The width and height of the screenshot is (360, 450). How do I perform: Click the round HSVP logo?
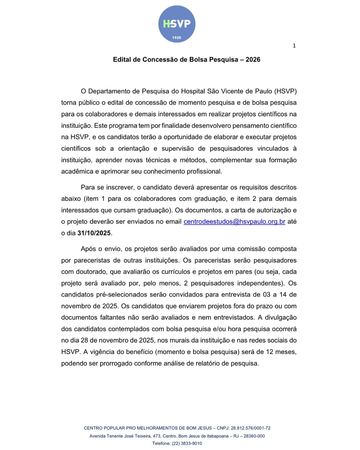(x=177, y=24)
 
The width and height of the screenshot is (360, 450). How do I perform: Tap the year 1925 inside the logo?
(x=177, y=38)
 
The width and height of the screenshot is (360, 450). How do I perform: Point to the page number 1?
(x=294, y=46)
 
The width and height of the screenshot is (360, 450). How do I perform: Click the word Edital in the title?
(x=122, y=60)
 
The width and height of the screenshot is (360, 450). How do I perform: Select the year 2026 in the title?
(x=253, y=60)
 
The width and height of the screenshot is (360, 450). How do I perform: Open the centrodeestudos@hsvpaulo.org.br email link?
(x=234, y=222)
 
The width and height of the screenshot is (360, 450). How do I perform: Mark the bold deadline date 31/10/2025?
(x=94, y=233)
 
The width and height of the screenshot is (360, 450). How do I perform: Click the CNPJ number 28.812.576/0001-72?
(x=251, y=428)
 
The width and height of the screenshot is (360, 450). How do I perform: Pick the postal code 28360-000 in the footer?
(x=254, y=436)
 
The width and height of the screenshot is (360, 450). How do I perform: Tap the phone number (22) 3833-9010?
(x=187, y=443)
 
